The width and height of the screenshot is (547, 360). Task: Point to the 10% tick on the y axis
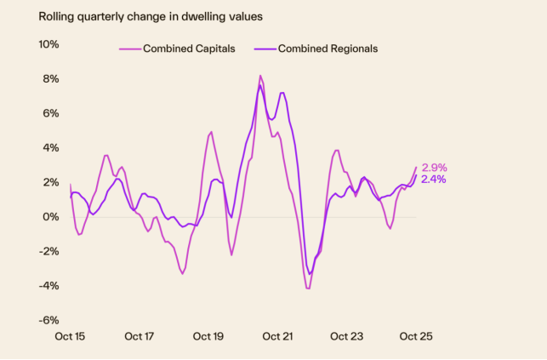point(48,44)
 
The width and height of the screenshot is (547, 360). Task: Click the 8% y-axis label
point(50,79)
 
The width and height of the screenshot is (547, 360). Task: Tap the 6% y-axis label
point(50,113)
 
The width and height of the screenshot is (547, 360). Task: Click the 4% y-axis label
point(50,148)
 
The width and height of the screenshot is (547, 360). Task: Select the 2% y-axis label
point(50,182)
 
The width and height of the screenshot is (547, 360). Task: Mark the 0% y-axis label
point(50,217)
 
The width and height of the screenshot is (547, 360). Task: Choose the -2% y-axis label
point(48,251)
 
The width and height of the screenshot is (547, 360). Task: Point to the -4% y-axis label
point(48,286)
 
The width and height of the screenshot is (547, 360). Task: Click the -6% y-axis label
point(48,320)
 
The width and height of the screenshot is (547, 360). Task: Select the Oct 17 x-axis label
point(140,336)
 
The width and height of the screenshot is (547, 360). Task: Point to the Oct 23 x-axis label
point(347,336)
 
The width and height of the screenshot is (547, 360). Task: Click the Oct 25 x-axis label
point(415,336)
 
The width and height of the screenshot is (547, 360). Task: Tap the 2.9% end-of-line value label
point(434,168)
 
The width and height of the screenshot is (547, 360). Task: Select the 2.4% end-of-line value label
point(434,180)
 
